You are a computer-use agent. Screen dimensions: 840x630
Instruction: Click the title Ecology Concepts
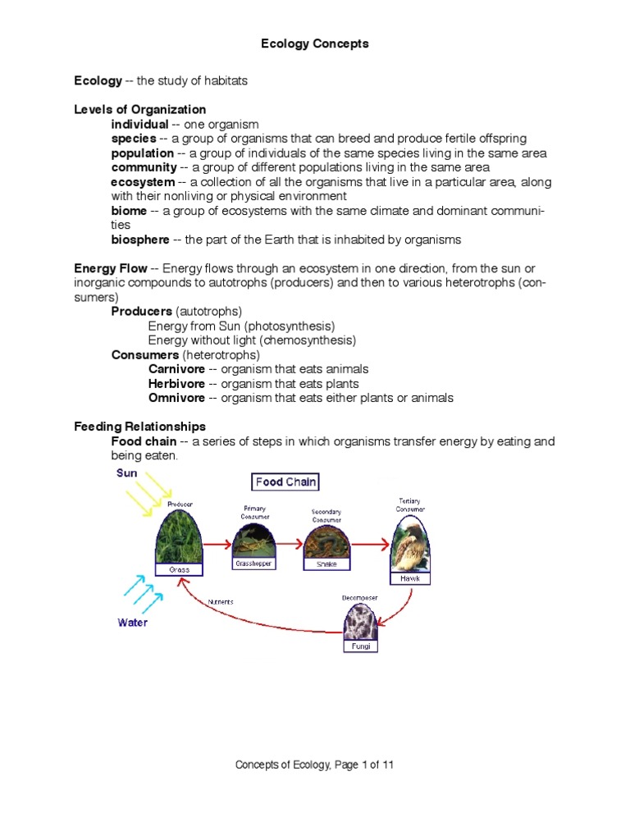click(314, 43)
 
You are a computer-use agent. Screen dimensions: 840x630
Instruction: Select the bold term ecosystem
click(143, 182)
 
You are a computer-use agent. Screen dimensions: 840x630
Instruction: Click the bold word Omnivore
click(176, 399)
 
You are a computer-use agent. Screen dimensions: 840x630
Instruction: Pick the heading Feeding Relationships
click(139, 427)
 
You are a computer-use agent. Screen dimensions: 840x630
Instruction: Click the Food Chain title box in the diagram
click(285, 482)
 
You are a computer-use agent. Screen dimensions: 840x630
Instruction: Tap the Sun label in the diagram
click(127, 473)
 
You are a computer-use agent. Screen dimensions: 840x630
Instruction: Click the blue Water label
click(132, 623)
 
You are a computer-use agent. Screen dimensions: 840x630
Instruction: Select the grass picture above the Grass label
click(180, 538)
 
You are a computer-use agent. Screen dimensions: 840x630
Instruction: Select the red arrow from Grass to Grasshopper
click(217, 543)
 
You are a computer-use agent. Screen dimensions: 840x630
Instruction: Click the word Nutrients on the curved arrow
click(221, 601)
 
